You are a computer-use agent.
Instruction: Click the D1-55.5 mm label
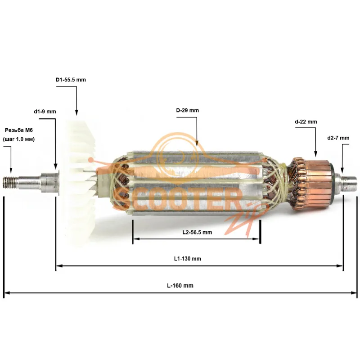(71, 80)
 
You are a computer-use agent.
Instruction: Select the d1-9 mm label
(45, 112)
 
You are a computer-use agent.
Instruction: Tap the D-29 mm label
(188, 110)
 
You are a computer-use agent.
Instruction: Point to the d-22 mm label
(306, 121)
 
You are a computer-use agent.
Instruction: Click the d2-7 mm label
(338, 138)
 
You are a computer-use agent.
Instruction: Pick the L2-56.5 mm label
(197, 232)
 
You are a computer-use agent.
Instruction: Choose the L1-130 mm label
(187, 259)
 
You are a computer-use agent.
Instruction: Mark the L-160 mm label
(180, 286)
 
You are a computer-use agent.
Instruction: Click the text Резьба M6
(19, 130)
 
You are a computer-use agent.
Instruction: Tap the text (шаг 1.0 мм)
(19, 139)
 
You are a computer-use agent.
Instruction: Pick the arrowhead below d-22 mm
(315, 154)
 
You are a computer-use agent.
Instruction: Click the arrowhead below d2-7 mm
(342, 171)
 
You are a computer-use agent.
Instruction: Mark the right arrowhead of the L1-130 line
(340, 266)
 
